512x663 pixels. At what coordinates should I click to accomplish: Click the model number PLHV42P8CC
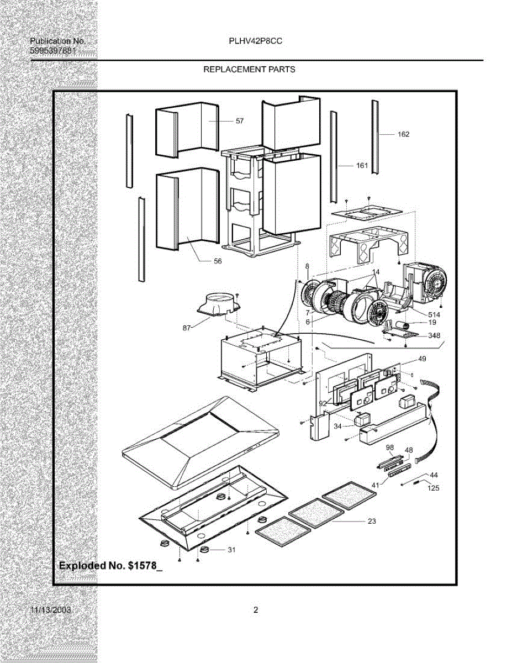(256, 41)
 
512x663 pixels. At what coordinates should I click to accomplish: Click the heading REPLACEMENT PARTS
(249, 70)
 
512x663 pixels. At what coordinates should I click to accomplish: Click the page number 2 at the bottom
(256, 611)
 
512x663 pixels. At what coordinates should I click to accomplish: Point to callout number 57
(240, 120)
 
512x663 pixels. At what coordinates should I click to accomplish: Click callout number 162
(404, 134)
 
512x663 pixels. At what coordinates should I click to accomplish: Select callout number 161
(362, 165)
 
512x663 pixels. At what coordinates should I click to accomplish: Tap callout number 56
(218, 261)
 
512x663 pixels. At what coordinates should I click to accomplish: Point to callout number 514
(434, 314)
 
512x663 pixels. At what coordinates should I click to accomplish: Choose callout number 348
(434, 335)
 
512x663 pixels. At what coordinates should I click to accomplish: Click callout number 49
(422, 359)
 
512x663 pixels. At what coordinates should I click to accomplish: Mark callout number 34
(337, 425)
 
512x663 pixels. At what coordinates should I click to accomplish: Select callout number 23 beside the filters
(372, 521)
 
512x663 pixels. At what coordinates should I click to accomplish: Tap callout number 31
(232, 550)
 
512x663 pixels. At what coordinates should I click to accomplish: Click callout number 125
(434, 488)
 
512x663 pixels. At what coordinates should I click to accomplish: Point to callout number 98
(390, 447)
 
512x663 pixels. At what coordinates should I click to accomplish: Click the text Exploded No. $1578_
(111, 566)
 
